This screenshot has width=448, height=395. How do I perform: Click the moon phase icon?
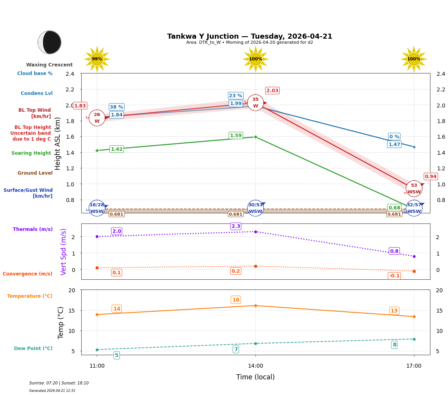click(50, 42)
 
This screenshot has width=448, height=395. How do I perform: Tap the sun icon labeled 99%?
click(97, 59)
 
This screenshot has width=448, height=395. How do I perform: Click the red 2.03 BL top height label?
click(272, 91)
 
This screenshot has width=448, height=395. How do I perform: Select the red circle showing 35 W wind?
click(255, 103)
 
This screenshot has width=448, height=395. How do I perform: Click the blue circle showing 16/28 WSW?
click(97, 208)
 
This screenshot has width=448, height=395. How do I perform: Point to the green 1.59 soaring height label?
click(236, 136)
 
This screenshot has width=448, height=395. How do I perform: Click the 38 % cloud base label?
click(116, 107)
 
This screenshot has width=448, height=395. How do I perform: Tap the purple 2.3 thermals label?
click(236, 226)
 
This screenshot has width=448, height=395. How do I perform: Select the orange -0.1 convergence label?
click(394, 276)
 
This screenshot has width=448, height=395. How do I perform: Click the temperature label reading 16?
click(236, 300)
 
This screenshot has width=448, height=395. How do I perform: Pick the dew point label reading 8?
click(394, 345)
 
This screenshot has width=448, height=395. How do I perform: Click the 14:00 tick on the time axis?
click(255, 366)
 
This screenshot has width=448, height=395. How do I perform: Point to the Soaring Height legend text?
click(31, 153)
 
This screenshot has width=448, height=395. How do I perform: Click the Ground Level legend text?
click(35, 173)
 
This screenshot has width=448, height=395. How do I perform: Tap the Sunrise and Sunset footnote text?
click(59, 383)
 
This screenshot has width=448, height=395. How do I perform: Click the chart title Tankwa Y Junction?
click(250, 36)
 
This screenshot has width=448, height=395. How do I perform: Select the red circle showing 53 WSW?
click(414, 189)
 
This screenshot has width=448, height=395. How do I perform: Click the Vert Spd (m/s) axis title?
click(64, 252)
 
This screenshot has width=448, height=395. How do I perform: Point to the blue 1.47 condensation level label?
click(394, 145)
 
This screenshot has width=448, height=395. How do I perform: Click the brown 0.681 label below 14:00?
click(236, 214)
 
